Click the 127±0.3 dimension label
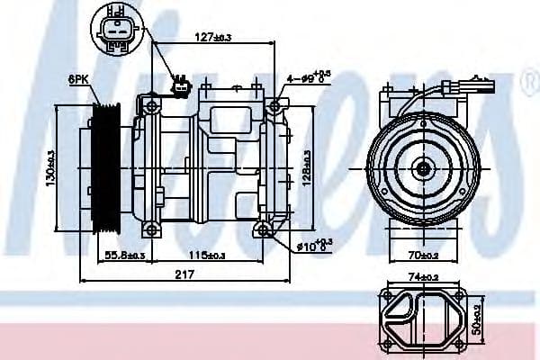tap(213, 37)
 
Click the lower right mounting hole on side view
tap(264, 231)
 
